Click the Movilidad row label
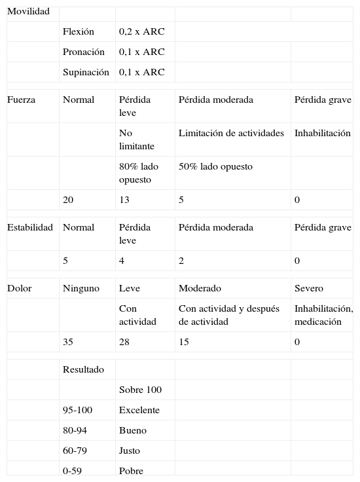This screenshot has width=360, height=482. coord(28,12)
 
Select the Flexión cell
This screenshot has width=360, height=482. coord(79,31)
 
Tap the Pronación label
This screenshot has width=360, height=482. coord(83,52)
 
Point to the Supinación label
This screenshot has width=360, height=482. coord(86,72)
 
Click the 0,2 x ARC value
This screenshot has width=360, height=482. coord(142,31)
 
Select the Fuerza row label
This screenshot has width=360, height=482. coord(22,100)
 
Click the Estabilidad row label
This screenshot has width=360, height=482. coord(30,227)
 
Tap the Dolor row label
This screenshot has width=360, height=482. coord(19,288)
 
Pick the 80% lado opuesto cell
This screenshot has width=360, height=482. coord(139,173)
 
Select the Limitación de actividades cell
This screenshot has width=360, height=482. coord(231,133)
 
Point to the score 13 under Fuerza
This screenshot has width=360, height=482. coord(124,200)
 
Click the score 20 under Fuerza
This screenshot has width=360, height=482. coord(68,200)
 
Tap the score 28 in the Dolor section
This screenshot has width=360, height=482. coord(124,342)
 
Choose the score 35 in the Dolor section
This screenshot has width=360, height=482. coord(68,342)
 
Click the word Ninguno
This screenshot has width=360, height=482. coord(81,288)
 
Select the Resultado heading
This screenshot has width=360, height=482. coord(83,369)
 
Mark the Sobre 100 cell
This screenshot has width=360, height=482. coord(140,390)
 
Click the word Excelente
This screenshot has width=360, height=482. coord(139,410)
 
